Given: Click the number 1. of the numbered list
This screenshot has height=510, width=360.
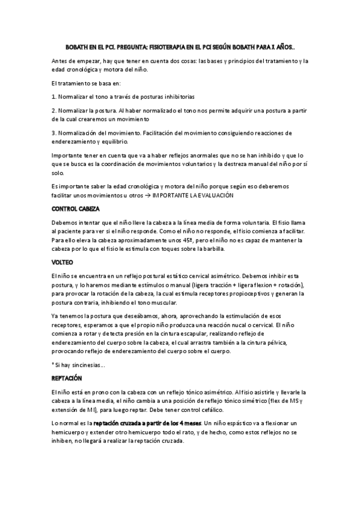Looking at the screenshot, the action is pyautogui.click(x=53, y=96).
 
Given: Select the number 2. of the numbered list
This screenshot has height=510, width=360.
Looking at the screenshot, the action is pyautogui.click(x=53, y=110).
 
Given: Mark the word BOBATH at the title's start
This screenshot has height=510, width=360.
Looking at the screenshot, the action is pyautogui.click(x=77, y=46).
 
